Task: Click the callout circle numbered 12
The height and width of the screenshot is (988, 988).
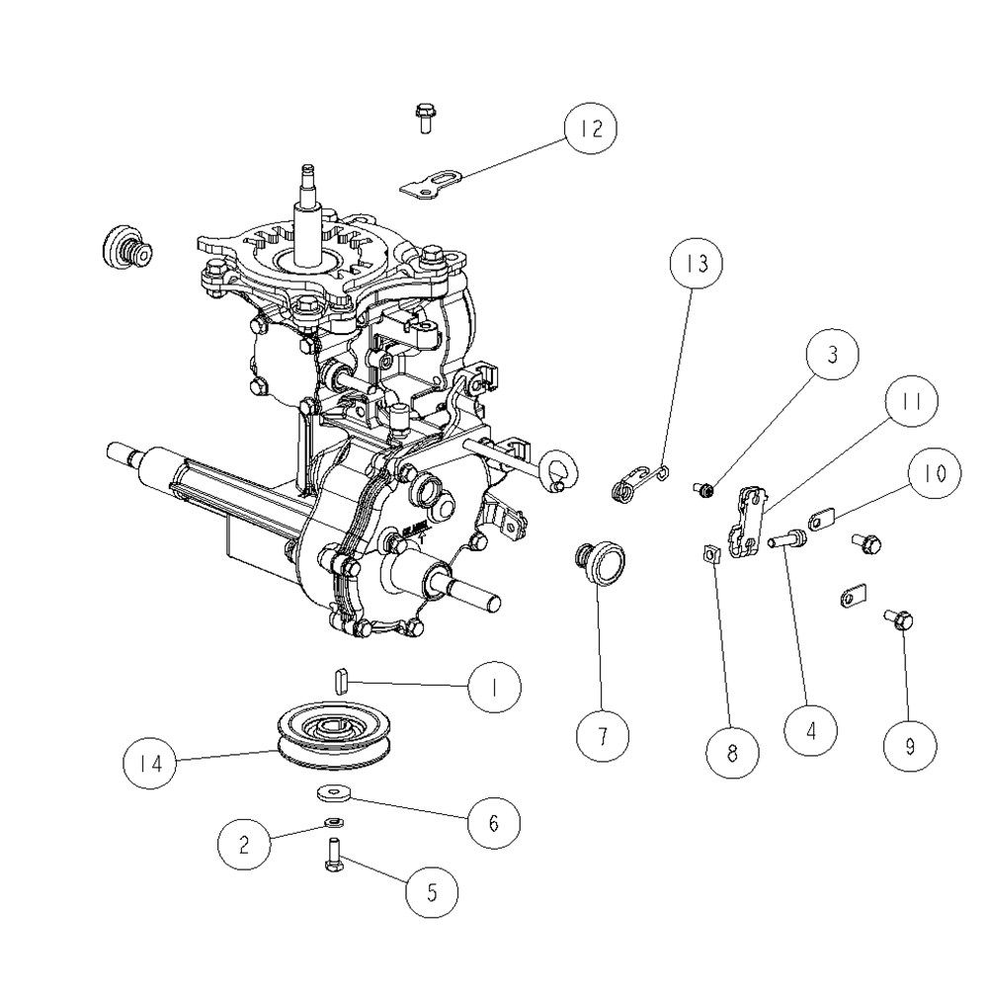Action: pyautogui.click(x=591, y=127)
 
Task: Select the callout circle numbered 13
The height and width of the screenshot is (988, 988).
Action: pyautogui.click(x=697, y=263)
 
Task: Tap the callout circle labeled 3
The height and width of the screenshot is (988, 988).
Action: pyautogui.click(x=832, y=354)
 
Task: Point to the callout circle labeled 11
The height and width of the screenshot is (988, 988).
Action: pyautogui.click(x=912, y=401)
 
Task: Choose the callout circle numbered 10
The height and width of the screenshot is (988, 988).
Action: pyautogui.click(x=935, y=473)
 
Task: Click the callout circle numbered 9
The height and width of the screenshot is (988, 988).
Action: pyautogui.click(x=910, y=746)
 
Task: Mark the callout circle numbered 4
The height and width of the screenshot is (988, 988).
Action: pyautogui.click(x=811, y=731)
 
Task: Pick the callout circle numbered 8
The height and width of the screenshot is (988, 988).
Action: pyautogui.click(x=732, y=752)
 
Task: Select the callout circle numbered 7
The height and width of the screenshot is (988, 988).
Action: pyautogui.click(x=603, y=735)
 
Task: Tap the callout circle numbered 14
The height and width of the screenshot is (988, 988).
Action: pyautogui.click(x=149, y=763)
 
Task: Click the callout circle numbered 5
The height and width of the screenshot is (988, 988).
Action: pyautogui.click(x=432, y=891)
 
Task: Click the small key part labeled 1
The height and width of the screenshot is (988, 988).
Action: pyautogui.click(x=341, y=681)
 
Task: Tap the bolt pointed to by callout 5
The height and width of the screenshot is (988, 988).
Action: pyautogui.click(x=334, y=854)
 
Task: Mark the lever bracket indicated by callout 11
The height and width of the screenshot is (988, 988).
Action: pyautogui.click(x=748, y=521)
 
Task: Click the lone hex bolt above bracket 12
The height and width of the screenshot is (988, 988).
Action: pyautogui.click(x=423, y=118)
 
